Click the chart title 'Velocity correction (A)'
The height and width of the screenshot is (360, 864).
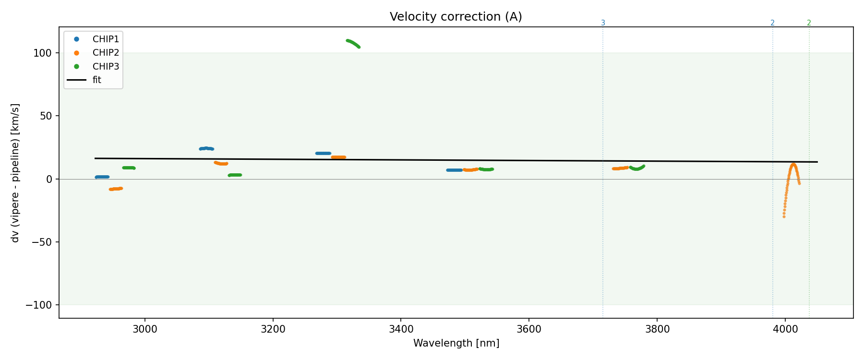click(x=456, y=17)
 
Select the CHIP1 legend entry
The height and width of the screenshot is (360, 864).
click(x=106, y=39)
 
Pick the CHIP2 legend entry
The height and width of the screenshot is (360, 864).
click(x=106, y=53)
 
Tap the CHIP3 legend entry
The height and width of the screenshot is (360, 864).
click(x=106, y=67)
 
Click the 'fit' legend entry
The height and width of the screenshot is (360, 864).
click(x=96, y=80)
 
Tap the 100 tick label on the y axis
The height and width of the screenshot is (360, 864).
click(x=42, y=53)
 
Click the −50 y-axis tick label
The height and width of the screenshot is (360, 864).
click(x=42, y=242)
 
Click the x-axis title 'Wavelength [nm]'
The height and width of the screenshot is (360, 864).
click(x=456, y=343)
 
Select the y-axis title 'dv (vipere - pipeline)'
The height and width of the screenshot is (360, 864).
click(x=15, y=173)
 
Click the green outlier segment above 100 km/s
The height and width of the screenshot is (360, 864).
click(x=353, y=43)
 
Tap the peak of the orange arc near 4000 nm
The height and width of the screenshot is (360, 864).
click(x=793, y=165)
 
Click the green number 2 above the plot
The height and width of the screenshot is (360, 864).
click(x=809, y=23)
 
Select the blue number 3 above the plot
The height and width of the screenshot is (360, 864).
click(x=603, y=23)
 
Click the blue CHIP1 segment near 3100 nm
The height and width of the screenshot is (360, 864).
click(x=206, y=148)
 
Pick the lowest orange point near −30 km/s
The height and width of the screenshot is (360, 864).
click(x=784, y=216)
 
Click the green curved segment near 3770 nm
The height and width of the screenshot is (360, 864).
click(x=637, y=168)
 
